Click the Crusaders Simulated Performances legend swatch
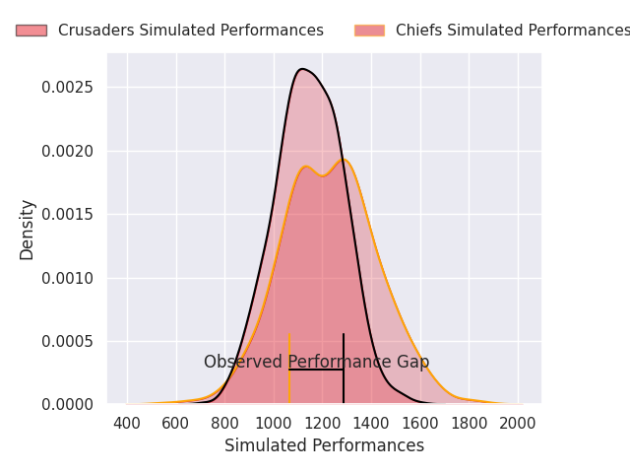coord(31,31)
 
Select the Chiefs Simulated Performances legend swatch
coord(369,31)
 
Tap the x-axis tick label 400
coord(127,423)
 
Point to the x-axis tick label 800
coord(224,423)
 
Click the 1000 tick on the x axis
coord(273,423)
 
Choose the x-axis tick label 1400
coord(371,423)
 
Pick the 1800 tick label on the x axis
coord(469,423)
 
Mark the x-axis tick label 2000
coord(518,423)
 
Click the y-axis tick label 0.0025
coord(68,88)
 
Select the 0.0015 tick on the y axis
coord(68,215)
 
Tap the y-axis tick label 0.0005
coord(68,341)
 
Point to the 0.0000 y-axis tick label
coord(68,404)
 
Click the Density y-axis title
coord(27,229)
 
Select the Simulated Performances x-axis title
coord(324,446)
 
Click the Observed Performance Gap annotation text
coord(316,362)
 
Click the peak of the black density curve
coord(302,69)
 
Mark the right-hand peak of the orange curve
coord(343,160)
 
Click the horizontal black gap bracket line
coord(316,370)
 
